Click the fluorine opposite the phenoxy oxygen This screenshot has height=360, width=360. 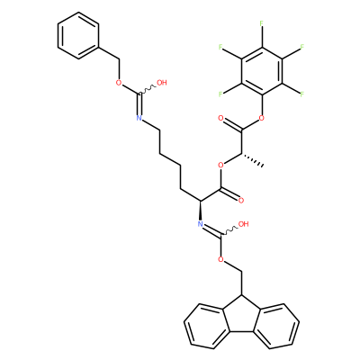pos(262,23)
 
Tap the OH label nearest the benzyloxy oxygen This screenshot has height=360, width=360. pos(162,83)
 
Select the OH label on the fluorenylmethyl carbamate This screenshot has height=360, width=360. pos(243,224)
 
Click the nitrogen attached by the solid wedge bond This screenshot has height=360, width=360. pos(201,224)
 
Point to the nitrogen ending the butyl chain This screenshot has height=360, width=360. pos(139,118)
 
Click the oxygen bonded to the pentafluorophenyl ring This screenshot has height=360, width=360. pos(262,118)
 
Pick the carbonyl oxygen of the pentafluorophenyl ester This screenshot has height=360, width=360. pos(220,118)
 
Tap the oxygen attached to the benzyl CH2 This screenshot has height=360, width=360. pos(119,83)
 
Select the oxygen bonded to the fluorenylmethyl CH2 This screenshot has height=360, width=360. pos(220,259)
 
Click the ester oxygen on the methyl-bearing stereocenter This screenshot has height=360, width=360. pos(220,165)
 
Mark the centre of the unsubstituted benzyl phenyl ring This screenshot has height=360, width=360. pos(78,35)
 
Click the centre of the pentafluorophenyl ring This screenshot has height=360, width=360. pos(262,70)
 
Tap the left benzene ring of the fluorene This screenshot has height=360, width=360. pos(206,326)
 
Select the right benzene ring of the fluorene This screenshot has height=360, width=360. pos(276,326)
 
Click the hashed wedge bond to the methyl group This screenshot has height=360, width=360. pos(252,160)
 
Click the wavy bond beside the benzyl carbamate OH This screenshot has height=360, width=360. pos(148,90)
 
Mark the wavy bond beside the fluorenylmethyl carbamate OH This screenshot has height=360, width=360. pos(229,231)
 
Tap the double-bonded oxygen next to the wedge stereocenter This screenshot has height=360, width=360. pos(241,201)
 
